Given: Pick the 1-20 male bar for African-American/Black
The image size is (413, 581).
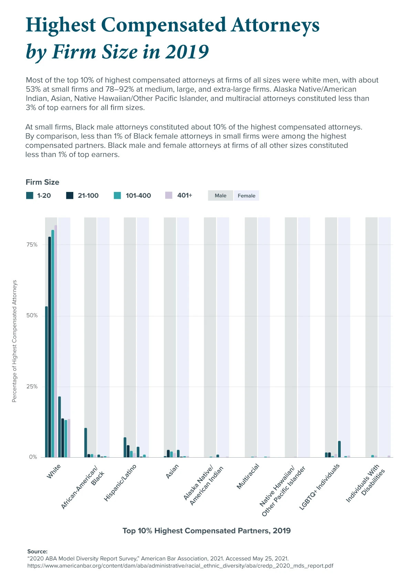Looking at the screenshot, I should [86, 442].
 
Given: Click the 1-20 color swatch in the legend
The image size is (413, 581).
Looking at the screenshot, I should [30, 196].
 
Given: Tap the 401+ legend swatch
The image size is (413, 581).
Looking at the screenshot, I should [169, 195].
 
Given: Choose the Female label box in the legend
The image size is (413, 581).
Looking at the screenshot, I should [246, 196].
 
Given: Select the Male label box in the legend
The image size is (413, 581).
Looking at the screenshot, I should [221, 196].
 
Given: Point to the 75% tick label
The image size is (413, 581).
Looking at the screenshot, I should [32, 245].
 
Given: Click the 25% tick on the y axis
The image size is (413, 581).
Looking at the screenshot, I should [32, 387].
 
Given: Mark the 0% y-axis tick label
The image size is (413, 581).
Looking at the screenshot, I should [33, 457].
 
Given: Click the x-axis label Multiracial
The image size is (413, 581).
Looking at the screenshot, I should [248, 477].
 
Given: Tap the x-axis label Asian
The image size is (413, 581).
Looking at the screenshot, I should [172, 471].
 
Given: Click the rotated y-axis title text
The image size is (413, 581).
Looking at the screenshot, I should [14, 341].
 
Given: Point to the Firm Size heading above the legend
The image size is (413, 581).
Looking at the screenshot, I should [42, 182].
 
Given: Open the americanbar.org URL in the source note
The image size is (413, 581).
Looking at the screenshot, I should [180, 566].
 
